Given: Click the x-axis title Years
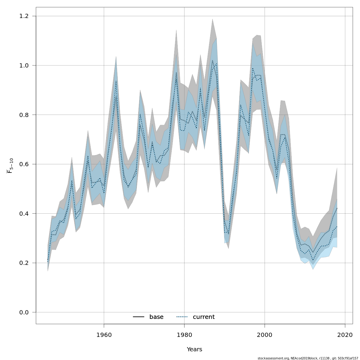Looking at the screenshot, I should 194,349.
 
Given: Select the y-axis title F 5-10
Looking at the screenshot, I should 10,166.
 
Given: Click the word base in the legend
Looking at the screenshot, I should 156,317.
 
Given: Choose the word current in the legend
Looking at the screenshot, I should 204,317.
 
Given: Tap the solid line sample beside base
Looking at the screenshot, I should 139,317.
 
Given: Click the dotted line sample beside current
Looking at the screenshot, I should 182,317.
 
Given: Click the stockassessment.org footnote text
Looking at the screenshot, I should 308,358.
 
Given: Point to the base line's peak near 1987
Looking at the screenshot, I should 212,60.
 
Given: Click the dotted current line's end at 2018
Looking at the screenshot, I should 337,226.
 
